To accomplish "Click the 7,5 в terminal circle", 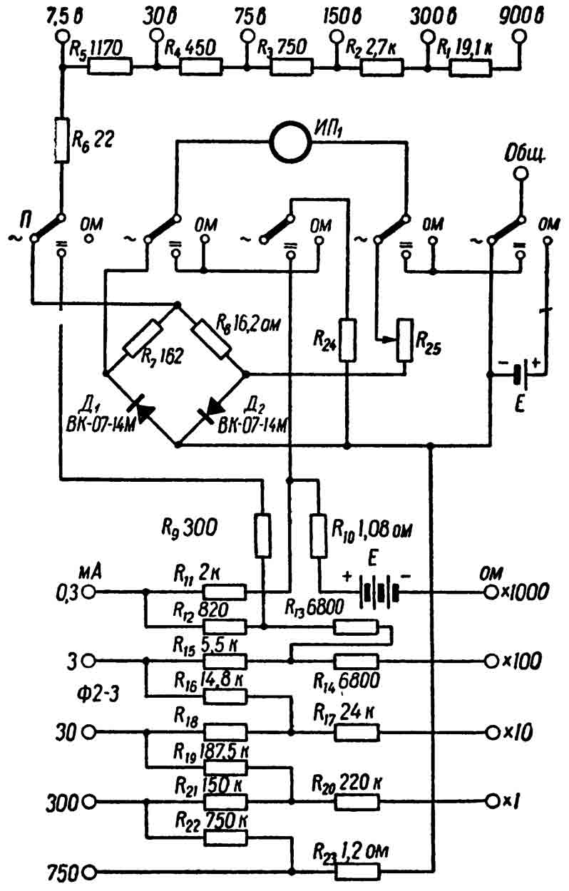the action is [61, 37].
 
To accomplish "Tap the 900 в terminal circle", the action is [518, 37].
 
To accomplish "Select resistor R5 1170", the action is [109, 67].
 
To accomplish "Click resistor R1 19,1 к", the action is [471, 68].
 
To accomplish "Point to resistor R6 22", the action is [61, 140].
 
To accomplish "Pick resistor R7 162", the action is [142, 338].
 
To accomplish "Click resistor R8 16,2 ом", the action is [211, 338].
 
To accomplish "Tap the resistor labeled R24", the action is [347, 340].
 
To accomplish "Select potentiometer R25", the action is [405, 340].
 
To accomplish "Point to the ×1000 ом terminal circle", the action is [491, 592].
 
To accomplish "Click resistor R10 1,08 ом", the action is [319, 535].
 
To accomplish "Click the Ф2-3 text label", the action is [98, 696].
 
